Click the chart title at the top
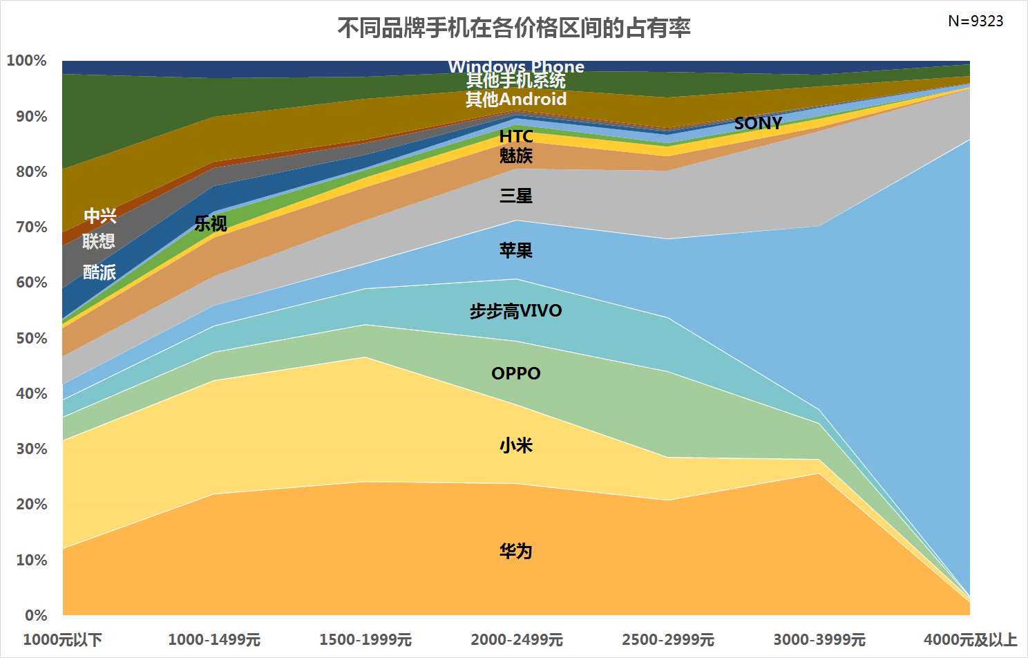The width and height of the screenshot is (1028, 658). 514,28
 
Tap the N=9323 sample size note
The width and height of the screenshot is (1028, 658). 975,21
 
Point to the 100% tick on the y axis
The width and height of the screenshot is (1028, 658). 27,61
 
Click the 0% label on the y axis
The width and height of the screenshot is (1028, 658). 35,615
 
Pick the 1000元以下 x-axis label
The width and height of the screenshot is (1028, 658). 63,639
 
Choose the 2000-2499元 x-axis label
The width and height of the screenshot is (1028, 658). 517,639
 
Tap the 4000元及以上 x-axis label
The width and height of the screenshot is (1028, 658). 970,639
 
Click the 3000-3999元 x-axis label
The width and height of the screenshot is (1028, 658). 819,639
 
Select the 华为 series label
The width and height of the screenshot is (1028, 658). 516,551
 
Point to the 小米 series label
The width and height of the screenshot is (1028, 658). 516,445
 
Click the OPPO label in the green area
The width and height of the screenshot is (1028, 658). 516,373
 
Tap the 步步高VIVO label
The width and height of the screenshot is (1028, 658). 516,311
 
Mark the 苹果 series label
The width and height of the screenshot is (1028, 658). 516,250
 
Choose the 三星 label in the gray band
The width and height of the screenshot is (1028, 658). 516,196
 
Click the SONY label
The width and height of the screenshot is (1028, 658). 758,123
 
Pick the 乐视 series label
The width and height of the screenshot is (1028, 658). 211,223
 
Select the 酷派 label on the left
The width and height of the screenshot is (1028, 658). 99,272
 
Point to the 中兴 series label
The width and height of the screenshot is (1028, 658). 100,216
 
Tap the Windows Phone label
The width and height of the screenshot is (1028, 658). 516,67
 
